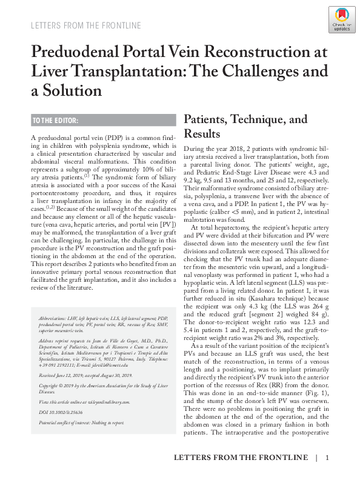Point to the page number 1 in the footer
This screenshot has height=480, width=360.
(327, 458)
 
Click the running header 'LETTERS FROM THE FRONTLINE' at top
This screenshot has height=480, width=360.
(85, 25)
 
